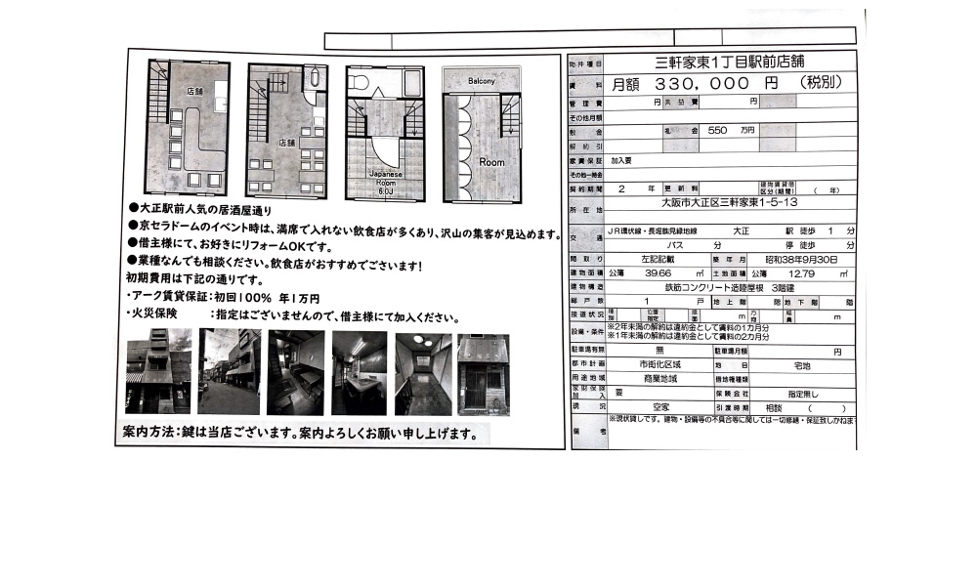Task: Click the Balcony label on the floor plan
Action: tap(481, 80)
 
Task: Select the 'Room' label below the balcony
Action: tap(491, 161)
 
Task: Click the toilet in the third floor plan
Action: tap(359, 84)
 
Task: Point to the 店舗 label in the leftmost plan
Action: tap(194, 90)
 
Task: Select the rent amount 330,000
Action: tap(699, 84)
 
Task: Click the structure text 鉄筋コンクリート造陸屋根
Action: tap(711, 288)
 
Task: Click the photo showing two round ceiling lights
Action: tap(423, 372)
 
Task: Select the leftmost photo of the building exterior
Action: tap(158, 372)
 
